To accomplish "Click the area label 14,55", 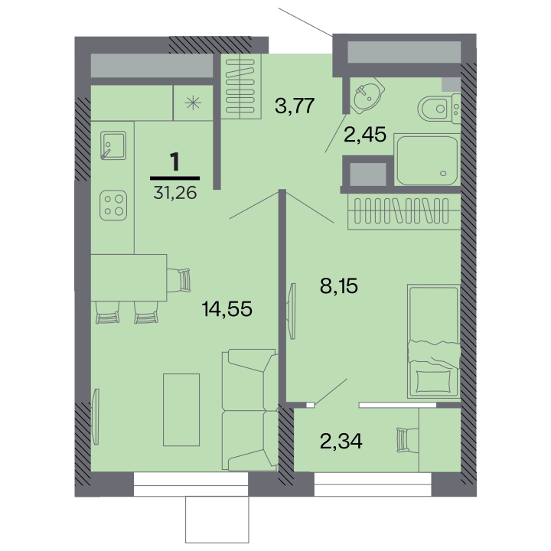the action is pos(227,309).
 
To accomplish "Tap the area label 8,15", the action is pos(339,286).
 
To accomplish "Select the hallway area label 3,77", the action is pos(295,106).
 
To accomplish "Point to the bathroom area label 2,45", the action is pos(365,135).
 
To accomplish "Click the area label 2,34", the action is pos(341,442).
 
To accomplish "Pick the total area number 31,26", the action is pos(175,193).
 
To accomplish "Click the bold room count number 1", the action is pos(174,161).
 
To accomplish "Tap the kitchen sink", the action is pos(112,145).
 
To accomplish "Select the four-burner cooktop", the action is pos(113,205).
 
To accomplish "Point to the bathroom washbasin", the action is pos(366,95).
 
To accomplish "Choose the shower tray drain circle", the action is pos(443,173).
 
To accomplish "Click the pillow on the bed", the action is pos(433,381).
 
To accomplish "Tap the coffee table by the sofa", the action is pos(181,409).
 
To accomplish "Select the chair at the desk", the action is pos(407,439).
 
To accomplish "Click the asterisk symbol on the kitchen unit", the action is pos(193,103).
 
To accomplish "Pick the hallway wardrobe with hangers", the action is pos(241,86).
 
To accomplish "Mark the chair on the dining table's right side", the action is pos(178,280).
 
